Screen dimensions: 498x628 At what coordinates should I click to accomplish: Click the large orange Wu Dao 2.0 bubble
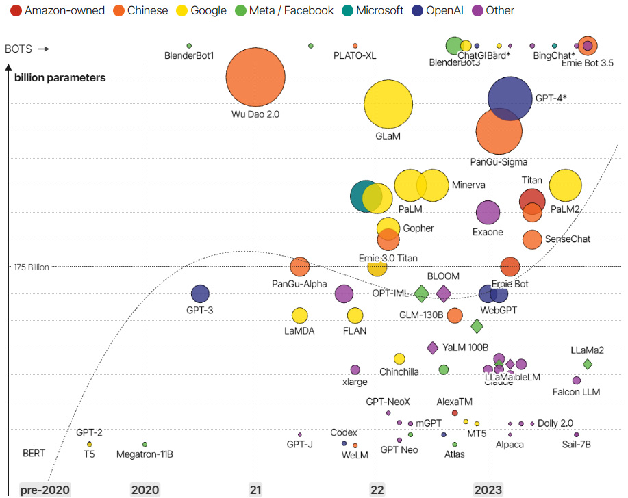[x=255, y=77]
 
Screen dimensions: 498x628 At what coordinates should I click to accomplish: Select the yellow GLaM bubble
[x=388, y=104]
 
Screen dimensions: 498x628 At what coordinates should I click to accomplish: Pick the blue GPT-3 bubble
[x=200, y=294]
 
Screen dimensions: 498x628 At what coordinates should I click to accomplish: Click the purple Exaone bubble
[x=488, y=213]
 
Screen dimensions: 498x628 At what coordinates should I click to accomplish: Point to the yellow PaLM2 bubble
[x=565, y=186]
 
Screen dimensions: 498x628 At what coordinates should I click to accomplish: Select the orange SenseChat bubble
[x=532, y=239]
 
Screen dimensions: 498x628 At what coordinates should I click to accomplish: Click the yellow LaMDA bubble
[x=299, y=315]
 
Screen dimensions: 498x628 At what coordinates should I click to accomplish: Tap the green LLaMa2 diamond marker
[x=587, y=364]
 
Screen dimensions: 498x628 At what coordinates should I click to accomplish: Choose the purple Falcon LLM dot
[x=577, y=380]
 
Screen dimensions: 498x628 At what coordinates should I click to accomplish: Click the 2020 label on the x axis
[x=145, y=490]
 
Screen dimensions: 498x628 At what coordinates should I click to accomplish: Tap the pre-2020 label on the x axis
[x=45, y=490]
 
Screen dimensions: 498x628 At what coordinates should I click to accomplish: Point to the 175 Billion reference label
[x=32, y=267]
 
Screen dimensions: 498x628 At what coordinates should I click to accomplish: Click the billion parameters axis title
[x=60, y=77]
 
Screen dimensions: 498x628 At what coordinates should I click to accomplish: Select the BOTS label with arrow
[x=27, y=49]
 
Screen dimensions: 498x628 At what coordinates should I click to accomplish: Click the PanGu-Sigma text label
[x=499, y=162]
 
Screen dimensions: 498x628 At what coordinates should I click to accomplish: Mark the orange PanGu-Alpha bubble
[x=299, y=267]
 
